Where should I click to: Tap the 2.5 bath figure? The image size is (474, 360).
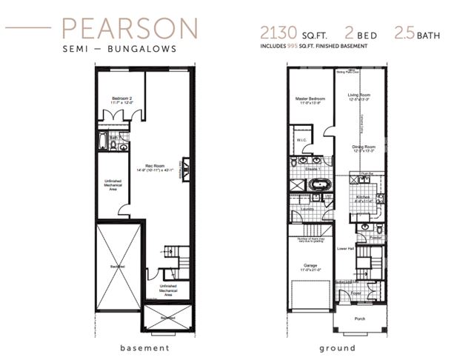coord(405,33)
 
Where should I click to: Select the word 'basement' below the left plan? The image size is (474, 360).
coord(145,347)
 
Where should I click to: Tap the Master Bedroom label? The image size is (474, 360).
coord(310,100)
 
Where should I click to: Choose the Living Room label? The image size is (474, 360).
coord(359,96)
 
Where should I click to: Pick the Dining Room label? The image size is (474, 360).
coord(361,148)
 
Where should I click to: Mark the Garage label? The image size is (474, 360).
coord(310,265)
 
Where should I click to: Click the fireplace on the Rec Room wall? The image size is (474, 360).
coord(187,170)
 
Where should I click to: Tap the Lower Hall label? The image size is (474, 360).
coord(343,249)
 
